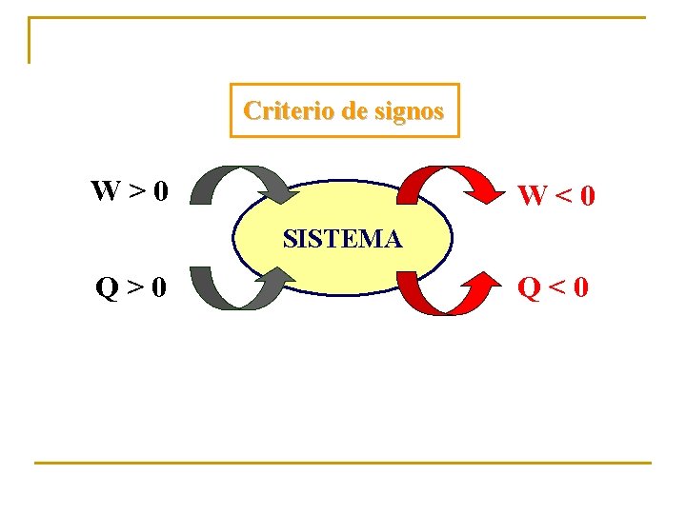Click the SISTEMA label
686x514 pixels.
[x=342, y=238]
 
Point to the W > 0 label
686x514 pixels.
[x=130, y=191]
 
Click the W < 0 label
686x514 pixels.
[x=556, y=197]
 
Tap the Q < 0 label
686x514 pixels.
[x=554, y=285]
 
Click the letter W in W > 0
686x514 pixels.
[x=106, y=191]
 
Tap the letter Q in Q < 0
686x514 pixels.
[x=529, y=285]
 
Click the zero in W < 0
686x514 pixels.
[x=587, y=197]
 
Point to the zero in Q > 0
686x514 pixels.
[x=159, y=285]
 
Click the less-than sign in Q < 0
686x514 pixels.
[x=557, y=285]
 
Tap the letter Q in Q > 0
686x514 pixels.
[x=106, y=285]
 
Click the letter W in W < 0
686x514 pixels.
[x=532, y=197]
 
